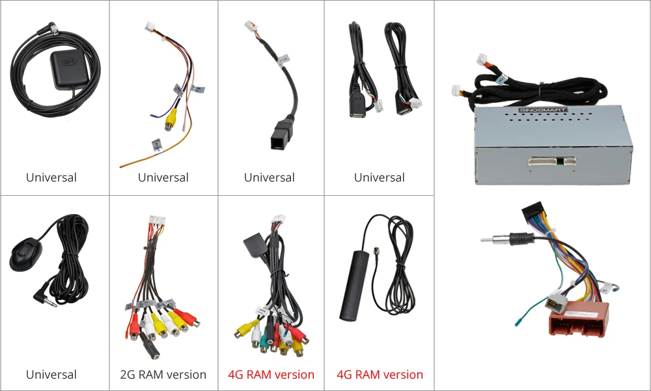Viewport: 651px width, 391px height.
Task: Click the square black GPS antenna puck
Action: (x=68, y=68)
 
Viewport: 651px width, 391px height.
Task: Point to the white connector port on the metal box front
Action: (x=552, y=161)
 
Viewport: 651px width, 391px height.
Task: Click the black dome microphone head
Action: (x=25, y=256)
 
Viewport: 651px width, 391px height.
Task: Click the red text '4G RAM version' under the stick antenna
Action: (x=380, y=375)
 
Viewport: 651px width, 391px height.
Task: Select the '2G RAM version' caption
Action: (x=163, y=375)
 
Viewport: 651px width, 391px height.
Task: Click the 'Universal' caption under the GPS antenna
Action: (x=51, y=178)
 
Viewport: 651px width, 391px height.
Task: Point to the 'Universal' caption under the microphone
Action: (x=51, y=375)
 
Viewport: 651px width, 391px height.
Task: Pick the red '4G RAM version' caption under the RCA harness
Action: (x=271, y=375)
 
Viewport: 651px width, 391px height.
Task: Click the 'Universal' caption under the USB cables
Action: (x=380, y=178)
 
